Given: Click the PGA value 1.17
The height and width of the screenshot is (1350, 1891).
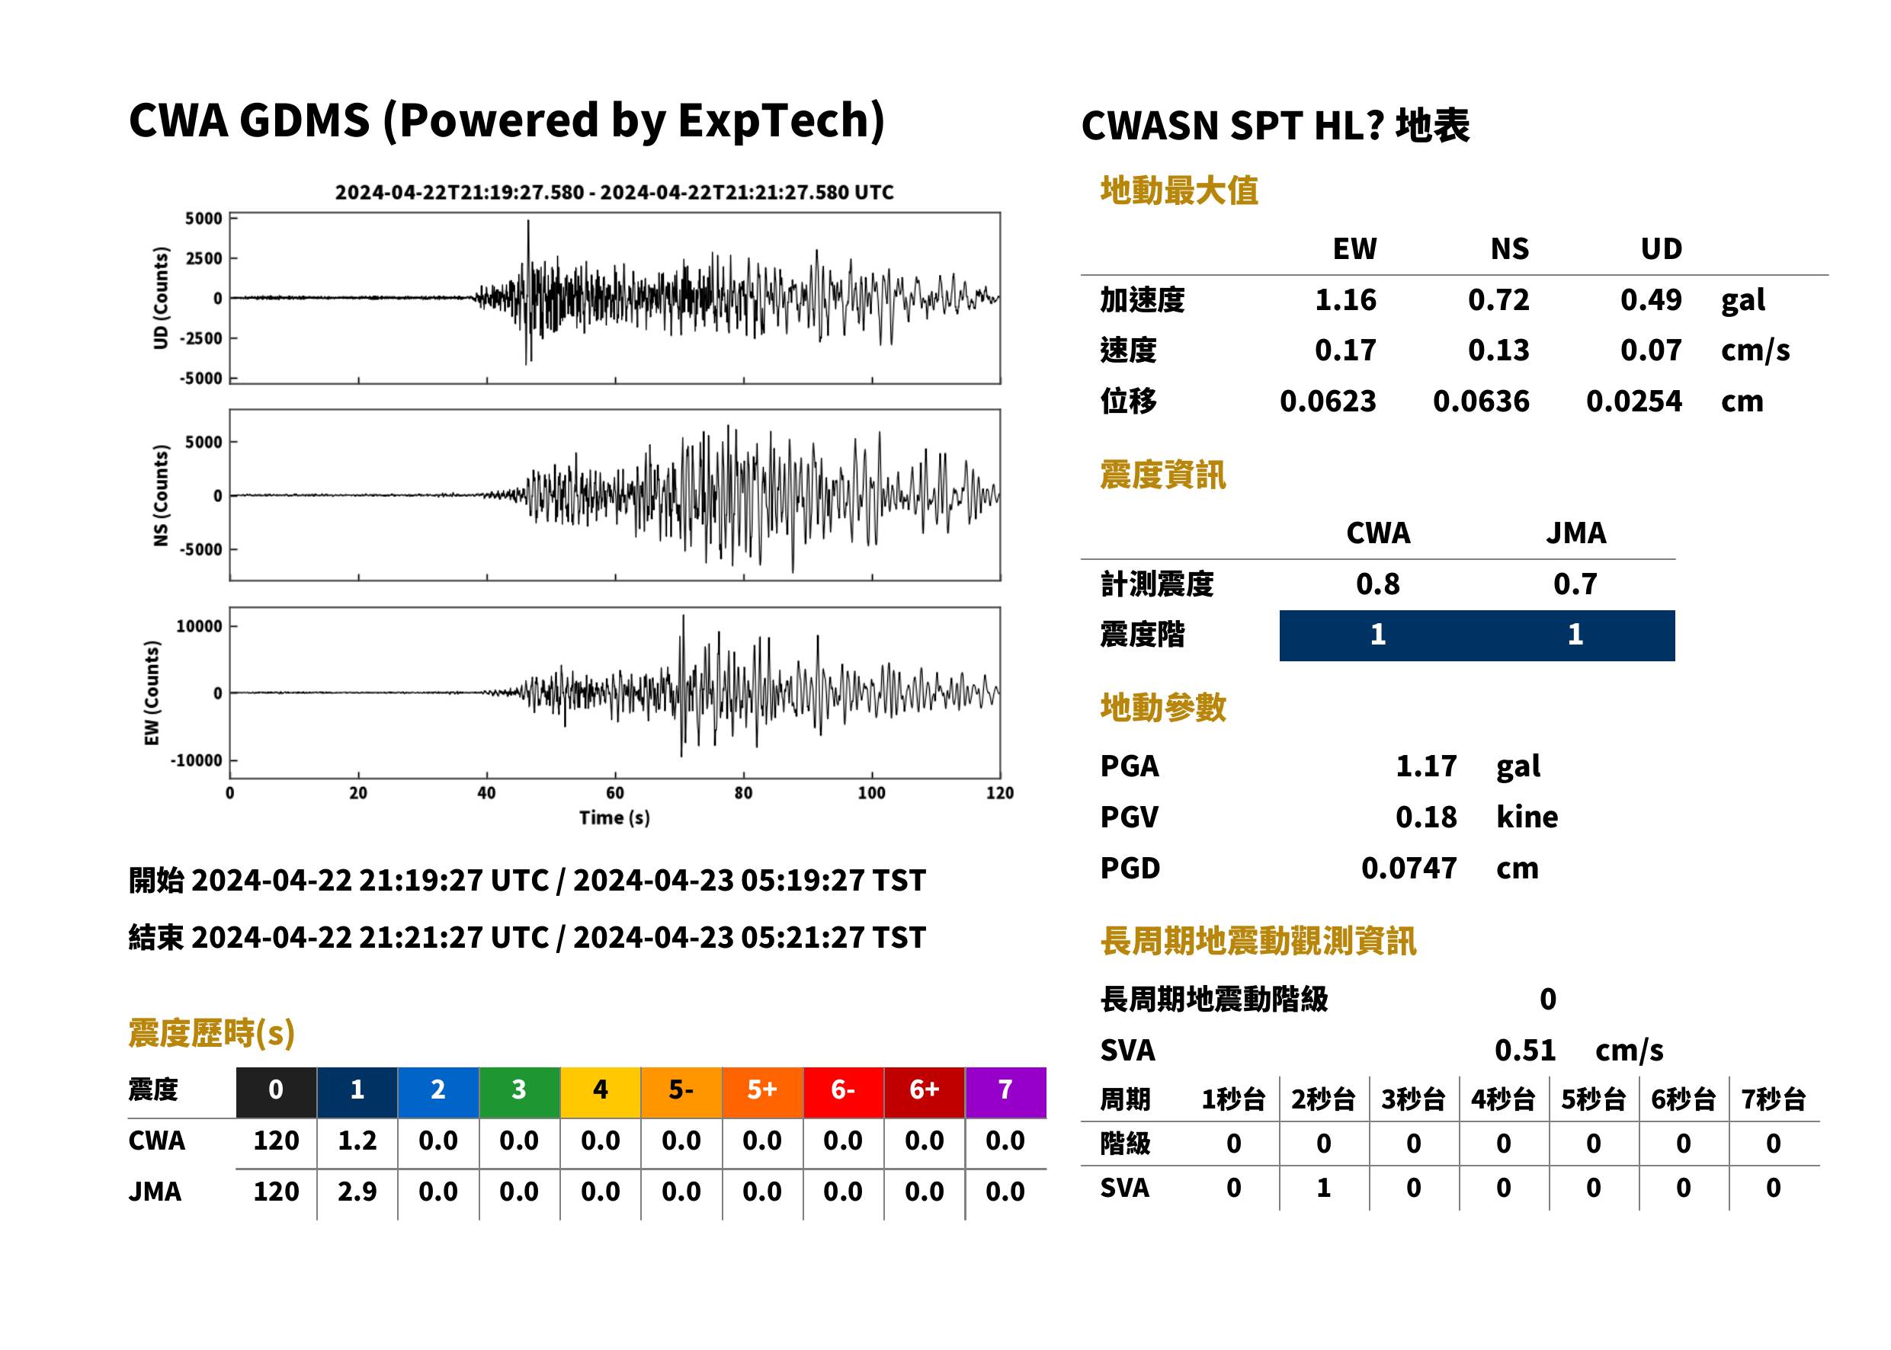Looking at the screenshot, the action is click(1425, 766).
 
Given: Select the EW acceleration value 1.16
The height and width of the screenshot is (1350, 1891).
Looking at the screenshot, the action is click(1345, 299).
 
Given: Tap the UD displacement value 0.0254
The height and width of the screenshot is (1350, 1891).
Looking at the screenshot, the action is click(1633, 401).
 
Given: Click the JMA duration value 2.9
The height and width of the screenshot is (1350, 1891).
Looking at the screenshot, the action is click(357, 1192).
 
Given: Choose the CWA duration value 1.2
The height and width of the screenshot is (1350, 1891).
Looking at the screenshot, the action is click(357, 1140).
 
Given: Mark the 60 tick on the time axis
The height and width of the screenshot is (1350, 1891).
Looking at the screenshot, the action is click(614, 793).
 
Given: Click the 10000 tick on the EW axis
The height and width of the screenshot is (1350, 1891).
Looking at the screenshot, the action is click(199, 626).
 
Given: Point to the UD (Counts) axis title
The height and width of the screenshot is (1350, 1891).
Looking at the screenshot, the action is click(161, 298).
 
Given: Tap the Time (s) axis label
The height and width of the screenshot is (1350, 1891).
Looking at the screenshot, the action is click(614, 818).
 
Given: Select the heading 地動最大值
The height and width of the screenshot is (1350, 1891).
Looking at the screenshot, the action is click(1178, 190).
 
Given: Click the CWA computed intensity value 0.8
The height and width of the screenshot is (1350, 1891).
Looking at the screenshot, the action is click(1377, 584).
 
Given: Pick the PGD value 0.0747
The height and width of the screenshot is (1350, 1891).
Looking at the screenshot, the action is click(1409, 868).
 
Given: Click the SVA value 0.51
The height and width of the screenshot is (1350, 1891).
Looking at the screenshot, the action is click(1524, 1050).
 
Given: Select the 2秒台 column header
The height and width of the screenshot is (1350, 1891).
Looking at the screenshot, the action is click(1323, 1100).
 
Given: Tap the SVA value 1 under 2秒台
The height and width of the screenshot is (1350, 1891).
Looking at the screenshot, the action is click(1323, 1188).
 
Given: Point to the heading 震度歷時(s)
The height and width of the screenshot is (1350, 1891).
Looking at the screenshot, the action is click(211, 1033).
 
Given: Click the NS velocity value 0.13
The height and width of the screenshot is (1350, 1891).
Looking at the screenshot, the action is click(1498, 350).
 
